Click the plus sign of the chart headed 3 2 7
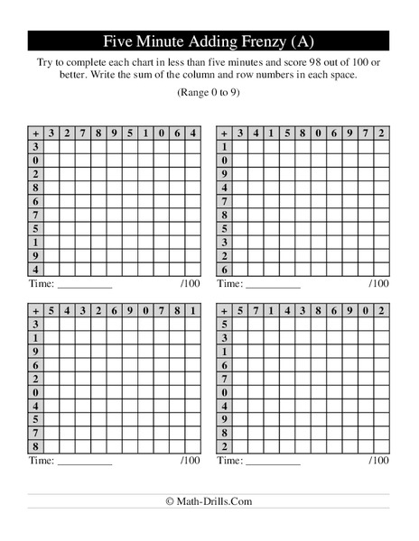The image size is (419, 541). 36,133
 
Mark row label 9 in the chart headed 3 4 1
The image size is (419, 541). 223,175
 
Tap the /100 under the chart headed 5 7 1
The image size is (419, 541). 379,460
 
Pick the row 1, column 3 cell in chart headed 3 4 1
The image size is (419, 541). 241,147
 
